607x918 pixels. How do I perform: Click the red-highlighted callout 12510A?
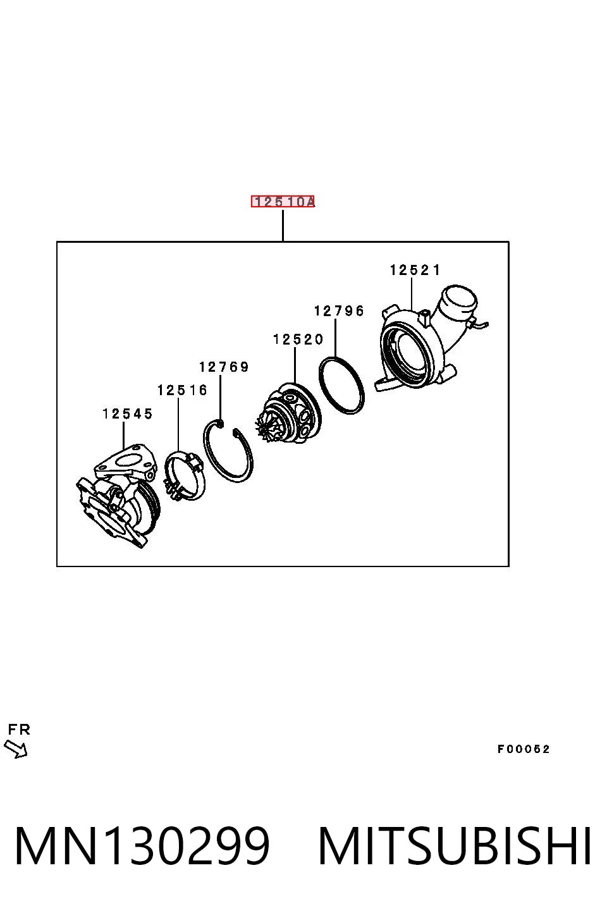click(x=283, y=202)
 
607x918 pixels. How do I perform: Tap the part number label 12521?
click(x=415, y=270)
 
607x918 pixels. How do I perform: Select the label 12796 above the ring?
click(x=339, y=311)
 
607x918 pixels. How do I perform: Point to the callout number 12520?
click(x=298, y=340)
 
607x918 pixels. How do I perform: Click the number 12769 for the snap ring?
click(x=224, y=367)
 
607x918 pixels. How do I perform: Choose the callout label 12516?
click(x=182, y=390)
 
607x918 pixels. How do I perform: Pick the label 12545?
click(x=128, y=414)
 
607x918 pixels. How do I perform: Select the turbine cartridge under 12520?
click(x=289, y=414)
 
